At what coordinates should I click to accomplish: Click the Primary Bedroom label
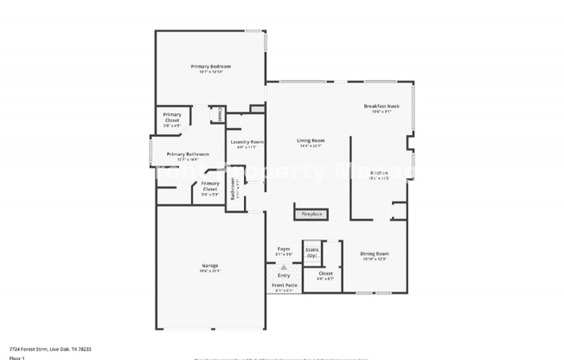(210, 67)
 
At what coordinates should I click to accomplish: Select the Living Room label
(311, 140)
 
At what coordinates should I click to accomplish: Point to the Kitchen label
(379, 173)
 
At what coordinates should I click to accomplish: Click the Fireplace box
(310, 212)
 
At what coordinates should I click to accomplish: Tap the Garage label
(209, 266)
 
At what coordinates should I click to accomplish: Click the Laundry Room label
(247, 142)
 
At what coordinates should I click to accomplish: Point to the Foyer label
(283, 248)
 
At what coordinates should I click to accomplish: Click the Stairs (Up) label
(311, 252)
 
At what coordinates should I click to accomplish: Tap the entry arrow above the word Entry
(284, 267)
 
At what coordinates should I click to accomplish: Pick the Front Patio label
(285, 285)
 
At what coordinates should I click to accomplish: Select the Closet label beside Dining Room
(325, 273)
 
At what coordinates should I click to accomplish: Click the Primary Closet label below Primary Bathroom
(210, 186)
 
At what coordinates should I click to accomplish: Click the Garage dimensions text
(211, 271)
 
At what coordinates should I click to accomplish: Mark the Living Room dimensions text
(311, 146)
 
